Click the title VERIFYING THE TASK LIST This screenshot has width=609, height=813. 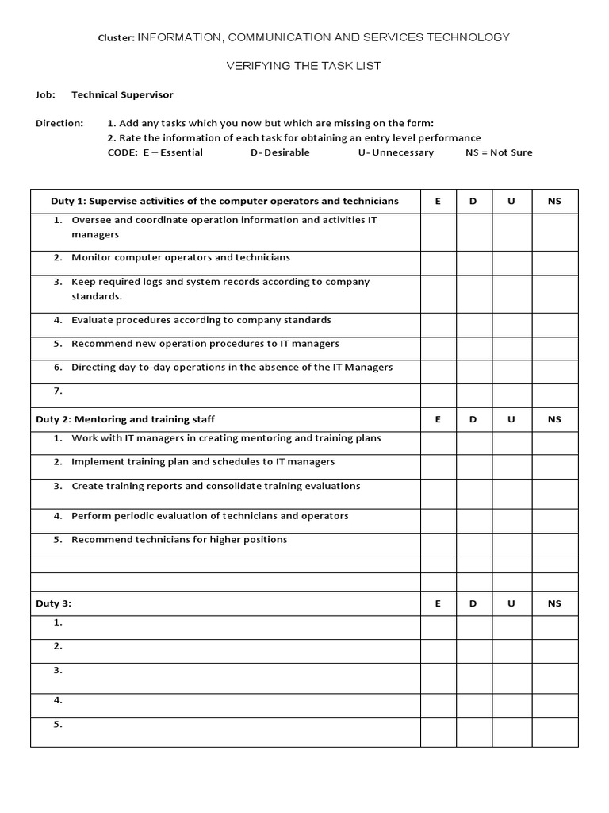[x=304, y=66]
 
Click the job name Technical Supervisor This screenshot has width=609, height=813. [x=122, y=94]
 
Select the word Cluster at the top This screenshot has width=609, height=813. [x=117, y=37]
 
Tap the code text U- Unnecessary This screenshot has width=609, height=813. [x=396, y=152]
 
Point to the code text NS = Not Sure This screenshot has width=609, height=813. [x=499, y=152]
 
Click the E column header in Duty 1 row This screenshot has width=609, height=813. [x=438, y=202]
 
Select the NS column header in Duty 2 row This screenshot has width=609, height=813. [x=553, y=419]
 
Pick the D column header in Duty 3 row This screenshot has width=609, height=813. [x=473, y=603]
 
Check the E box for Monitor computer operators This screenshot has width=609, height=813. [x=438, y=263]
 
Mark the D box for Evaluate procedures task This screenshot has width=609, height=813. [x=473, y=325]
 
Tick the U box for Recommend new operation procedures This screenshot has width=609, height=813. [x=511, y=349]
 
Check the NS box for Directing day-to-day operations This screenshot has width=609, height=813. [x=553, y=372]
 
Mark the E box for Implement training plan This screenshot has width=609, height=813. [x=438, y=467]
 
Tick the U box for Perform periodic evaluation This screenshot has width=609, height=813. [x=511, y=521]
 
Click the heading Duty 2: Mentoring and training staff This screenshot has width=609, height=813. [x=125, y=419]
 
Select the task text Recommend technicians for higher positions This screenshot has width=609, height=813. [x=179, y=540]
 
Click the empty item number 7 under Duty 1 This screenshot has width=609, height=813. [x=58, y=391]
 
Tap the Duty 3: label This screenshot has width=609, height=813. [x=54, y=603]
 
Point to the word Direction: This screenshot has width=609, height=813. [x=59, y=123]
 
